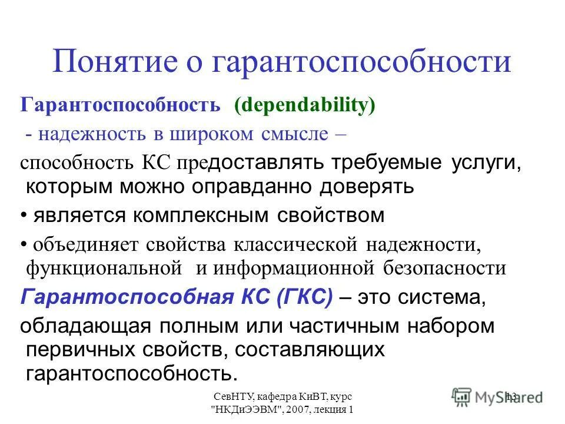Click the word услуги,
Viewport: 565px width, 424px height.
click(x=487, y=162)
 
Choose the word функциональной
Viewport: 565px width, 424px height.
click(x=104, y=268)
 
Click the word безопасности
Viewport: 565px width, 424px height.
click(x=444, y=268)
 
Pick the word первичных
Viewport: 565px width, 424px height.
click(x=80, y=350)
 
